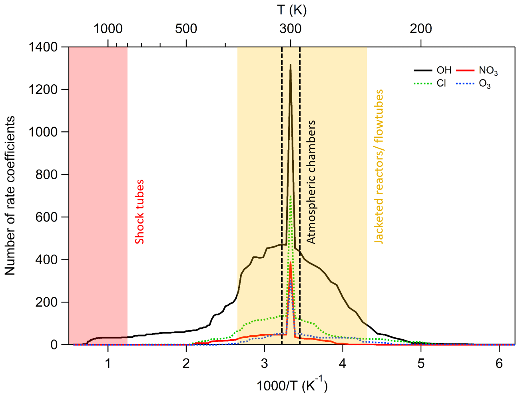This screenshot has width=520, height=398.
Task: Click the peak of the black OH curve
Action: pyautogui.click(x=291, y=65)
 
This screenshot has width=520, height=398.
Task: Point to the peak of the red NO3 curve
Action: pyautogui.click(x=291, y=263)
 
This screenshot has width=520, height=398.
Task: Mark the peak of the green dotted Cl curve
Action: pyautogui.click(x=291, y=196)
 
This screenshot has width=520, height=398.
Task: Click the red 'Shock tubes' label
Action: pyautogui.click(x=139, y=212)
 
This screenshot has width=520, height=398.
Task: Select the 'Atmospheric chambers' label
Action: pyautogui.click(x=311, y=182)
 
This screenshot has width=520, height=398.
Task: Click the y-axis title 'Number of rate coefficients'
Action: pyautogui.click(x=10, y=196)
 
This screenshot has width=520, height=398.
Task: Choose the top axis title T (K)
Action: pyautogui.click(x=292, y=10)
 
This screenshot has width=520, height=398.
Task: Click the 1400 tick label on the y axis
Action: pyautogui.click(x=43, y=47)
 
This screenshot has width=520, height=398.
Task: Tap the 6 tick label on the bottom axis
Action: pyautogui.click(x=499, y=364)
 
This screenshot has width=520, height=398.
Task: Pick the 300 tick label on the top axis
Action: pyautogui.click(x=291, y=29)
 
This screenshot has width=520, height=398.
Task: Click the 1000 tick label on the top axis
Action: pyautogui.click(x=108, y=29)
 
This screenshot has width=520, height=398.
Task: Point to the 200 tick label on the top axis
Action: pyautogui.click(x=421, y=29)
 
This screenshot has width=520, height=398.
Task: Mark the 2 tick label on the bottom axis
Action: pyautogui.click(x=186, y=364)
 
